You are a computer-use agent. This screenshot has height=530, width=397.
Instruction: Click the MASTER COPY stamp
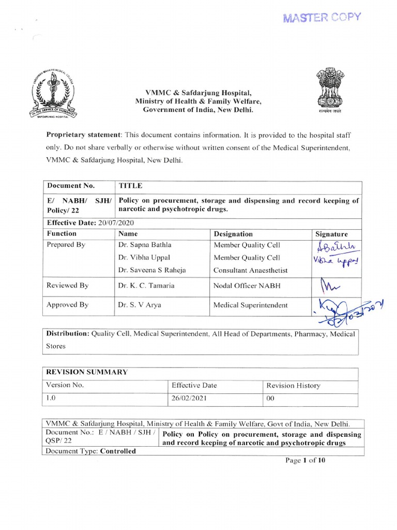pos(322,18)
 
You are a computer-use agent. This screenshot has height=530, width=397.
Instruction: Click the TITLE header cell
pos(130,186)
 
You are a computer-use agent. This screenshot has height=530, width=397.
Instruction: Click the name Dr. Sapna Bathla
pos(144,245)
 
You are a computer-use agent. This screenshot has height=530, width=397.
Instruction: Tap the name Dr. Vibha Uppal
pos(144,257)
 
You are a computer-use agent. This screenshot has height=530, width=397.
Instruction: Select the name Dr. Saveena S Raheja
pos(151,270)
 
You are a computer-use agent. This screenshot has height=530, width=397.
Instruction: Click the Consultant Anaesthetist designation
pos(250,270)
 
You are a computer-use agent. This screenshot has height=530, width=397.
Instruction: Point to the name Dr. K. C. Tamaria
pos(147,285)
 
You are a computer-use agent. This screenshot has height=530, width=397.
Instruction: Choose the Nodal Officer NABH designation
pos(247,285)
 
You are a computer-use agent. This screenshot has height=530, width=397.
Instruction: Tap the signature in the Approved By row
pos(352,309)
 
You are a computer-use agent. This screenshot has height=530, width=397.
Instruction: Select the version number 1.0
pos(51,399)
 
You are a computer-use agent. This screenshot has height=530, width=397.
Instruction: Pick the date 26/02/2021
pos(191,399)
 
